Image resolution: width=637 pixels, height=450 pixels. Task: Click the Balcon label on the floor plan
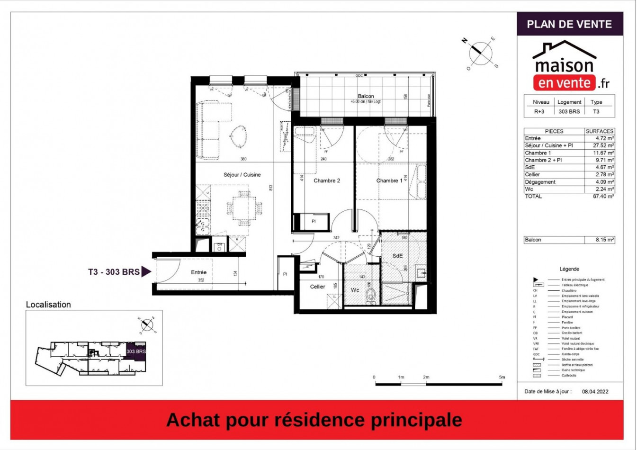[x=366, y=96]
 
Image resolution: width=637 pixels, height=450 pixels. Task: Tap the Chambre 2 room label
[x=327, y=180]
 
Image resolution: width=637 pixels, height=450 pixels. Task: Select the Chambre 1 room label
[x=389, y=180]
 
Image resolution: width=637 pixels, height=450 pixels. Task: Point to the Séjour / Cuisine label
[x=242, y=175]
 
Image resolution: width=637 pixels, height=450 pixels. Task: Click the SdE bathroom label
[x=397, y=256]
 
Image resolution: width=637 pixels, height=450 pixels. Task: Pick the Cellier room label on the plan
[x=317, y=287]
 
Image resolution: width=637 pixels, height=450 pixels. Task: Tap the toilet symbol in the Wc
[x=370, y=295]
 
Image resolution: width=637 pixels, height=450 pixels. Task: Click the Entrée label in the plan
[x=199, y=272]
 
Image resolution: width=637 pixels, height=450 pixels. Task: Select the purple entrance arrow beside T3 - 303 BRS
[x=146, y=272]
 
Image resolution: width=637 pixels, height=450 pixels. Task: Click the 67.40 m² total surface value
[x=603, y=196]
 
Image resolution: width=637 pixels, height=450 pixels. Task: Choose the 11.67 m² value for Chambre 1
[x=603, y=153]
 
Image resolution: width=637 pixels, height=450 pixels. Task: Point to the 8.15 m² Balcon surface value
[x=604, y=240]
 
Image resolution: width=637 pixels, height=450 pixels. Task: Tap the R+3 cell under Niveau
[x=539, y=112]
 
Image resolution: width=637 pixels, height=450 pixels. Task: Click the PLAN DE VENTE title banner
[x=569, y=24]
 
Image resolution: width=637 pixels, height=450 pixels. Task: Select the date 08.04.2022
[x=595, y=392]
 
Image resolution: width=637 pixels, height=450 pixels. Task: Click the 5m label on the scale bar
[x=502, y=377]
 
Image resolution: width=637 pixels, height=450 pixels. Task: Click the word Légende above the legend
[x=569, y=269]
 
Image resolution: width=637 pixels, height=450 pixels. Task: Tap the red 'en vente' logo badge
[x=564, y=83]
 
